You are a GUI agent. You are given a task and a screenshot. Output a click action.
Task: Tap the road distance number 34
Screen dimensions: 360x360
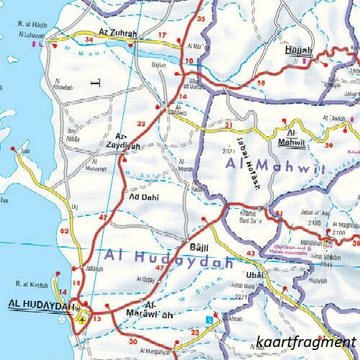(89, 40)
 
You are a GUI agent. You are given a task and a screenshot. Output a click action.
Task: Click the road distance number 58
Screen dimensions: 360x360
(261, 84)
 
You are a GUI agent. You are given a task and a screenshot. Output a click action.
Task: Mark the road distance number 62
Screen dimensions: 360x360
(65, 231)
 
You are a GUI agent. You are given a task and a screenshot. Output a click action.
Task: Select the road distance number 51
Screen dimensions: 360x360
(228, 125)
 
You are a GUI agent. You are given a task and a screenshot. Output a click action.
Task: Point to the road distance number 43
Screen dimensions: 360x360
(251, 254)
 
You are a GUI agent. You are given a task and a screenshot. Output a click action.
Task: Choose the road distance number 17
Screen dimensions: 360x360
(162, 35)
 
